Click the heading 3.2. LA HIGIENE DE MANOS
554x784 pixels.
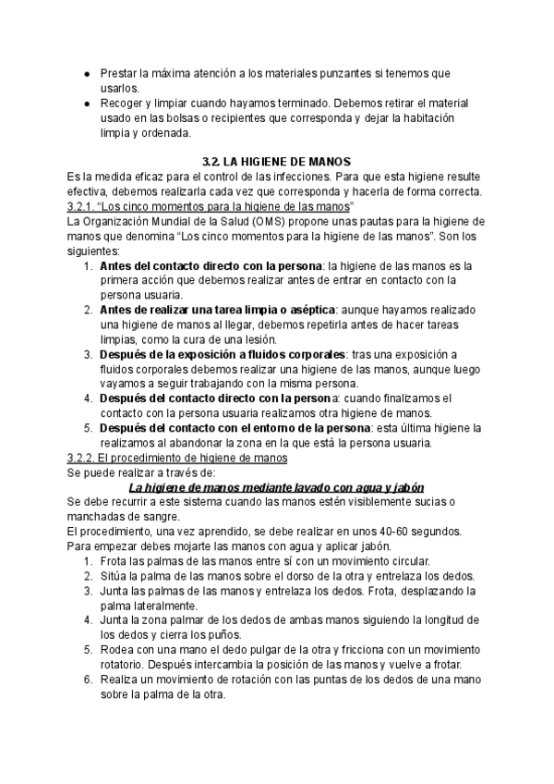point(277,160)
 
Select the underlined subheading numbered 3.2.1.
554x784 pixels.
point(211,205)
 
